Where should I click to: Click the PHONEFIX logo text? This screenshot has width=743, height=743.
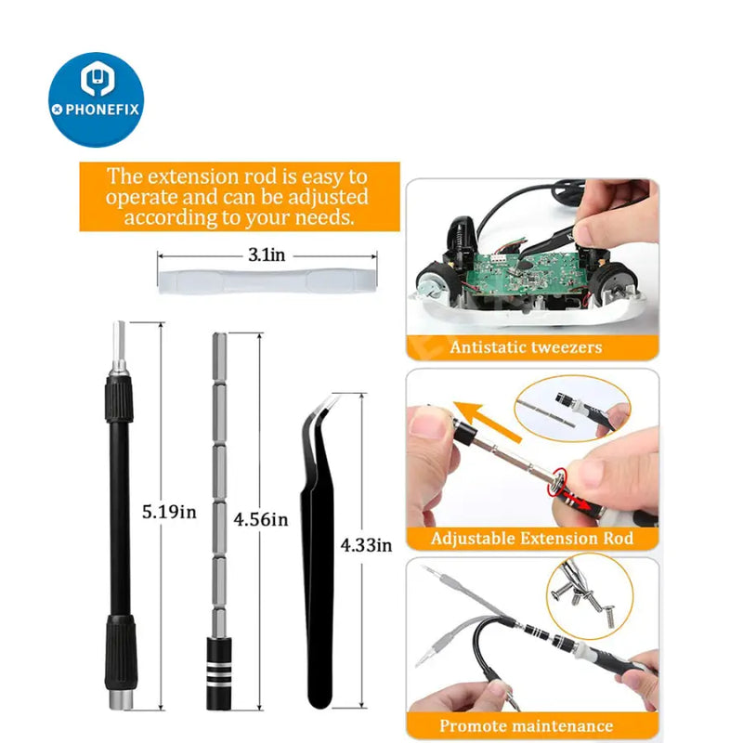102,110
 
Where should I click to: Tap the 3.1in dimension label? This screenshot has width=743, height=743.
267,254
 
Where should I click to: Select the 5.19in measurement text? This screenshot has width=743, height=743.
169,512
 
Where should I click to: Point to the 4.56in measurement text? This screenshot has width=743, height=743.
261,519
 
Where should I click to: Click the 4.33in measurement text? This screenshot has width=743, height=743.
366,545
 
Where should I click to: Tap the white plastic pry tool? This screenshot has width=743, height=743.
267,281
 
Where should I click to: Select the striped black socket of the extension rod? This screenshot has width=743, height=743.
219,673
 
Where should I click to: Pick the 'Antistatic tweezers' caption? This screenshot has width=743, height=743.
526,347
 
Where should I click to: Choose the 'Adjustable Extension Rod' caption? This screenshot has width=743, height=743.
532,539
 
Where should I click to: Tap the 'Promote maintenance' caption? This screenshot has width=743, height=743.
527,725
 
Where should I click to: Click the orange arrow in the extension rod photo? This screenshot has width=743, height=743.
487,421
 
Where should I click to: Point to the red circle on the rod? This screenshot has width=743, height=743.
556,482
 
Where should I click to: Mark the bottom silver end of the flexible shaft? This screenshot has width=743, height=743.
120,700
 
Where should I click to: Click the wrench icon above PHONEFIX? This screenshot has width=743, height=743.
98,78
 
